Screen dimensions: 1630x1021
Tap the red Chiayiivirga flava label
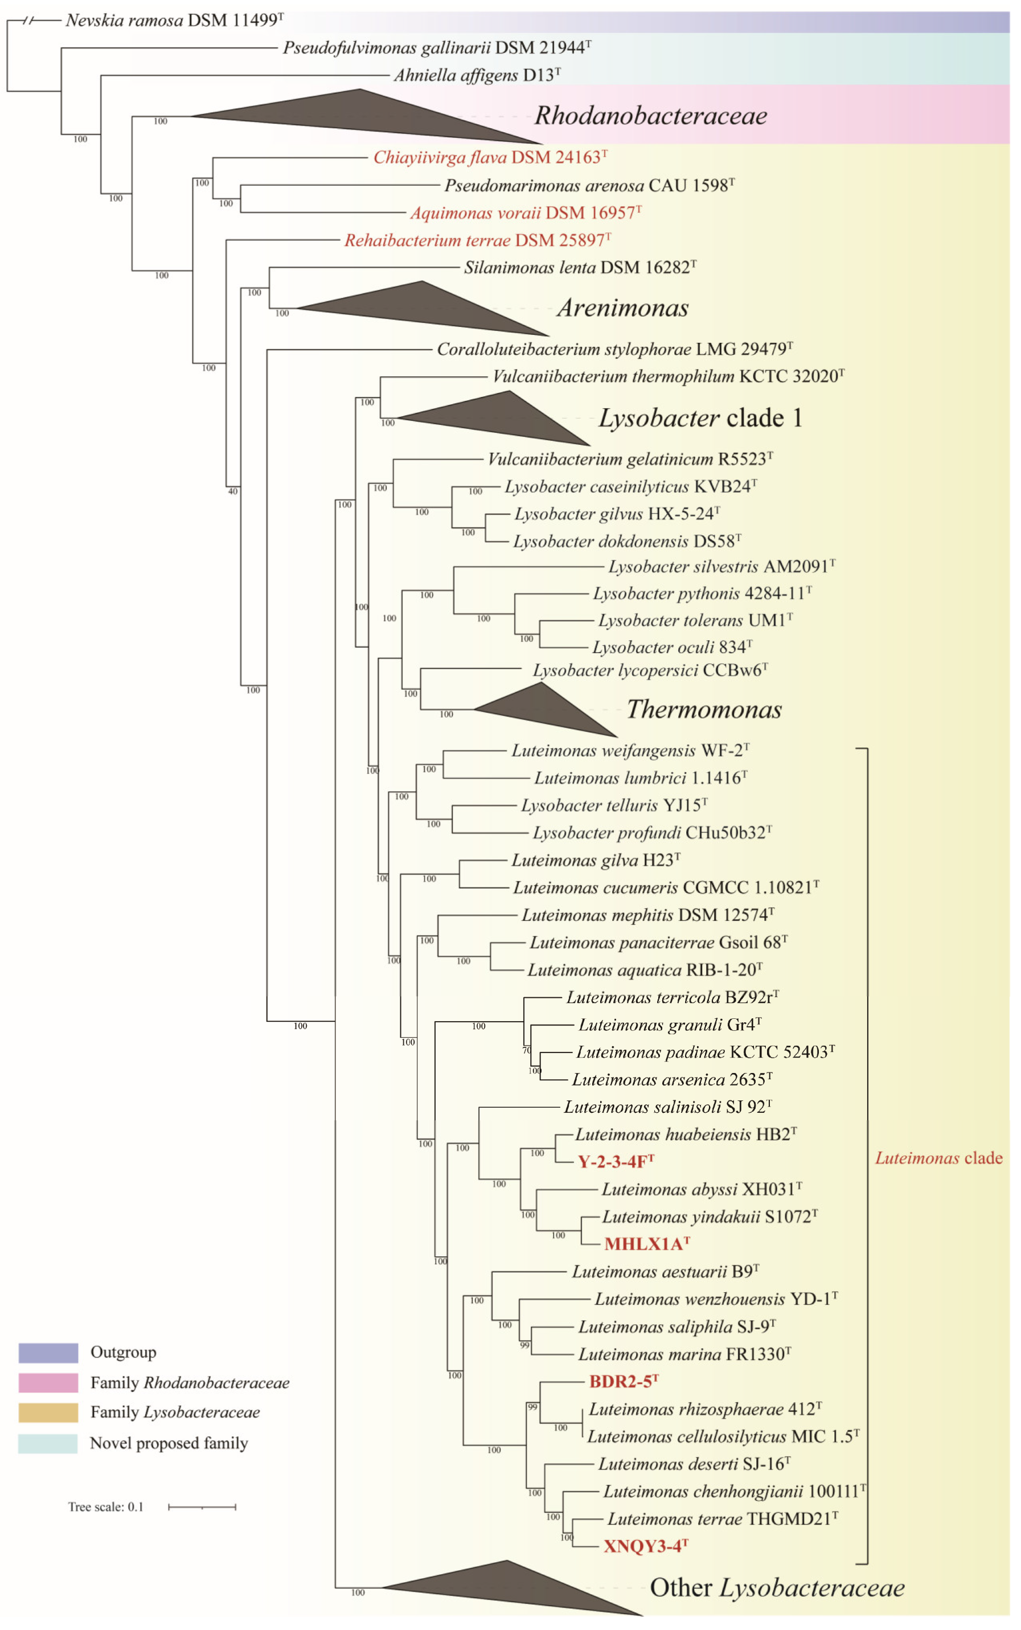[x=490, y=157]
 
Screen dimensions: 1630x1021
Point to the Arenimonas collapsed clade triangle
[x=425, y=308]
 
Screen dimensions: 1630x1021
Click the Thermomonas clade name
[x=704, y=709]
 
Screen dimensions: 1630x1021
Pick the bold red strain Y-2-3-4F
[x=615, y=1161]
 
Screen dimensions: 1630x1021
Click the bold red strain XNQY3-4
[x=645, y=1546]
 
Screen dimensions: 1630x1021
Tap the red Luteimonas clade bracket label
[x=938, y=1158]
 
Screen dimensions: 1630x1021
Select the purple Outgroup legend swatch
[x=48, y=1353]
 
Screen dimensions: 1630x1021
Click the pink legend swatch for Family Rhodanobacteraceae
[x=48, y=1383]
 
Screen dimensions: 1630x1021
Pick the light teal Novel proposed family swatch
[x=48, y=1443]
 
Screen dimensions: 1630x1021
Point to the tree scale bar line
[x=202, y=1506]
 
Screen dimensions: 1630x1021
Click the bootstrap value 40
[x=233, y=491]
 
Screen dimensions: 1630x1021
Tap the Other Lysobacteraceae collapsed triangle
[x=506, y=1587]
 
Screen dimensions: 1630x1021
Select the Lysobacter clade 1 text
[x=700, y=418]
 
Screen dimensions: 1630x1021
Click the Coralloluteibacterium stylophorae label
[x=614, y=349]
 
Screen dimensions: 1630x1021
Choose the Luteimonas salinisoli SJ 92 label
[x=667, y=1107]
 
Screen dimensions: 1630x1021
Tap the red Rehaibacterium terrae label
[x=477, y=240]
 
